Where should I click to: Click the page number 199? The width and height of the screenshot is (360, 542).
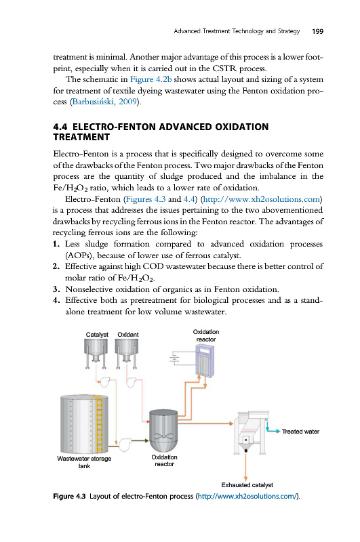(317, 31)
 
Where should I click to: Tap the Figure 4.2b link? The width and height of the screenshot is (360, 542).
(151, 79)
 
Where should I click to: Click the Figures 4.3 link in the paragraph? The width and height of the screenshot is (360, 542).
(146, 199)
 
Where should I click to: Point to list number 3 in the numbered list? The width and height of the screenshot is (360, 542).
(57, 289)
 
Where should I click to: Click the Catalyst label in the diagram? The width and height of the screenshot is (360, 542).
(97, 335)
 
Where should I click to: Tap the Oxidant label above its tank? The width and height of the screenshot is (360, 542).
(128, 335)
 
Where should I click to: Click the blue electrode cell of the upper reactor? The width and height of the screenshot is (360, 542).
(205, 360)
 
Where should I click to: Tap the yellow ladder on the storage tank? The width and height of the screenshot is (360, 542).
(99, 425)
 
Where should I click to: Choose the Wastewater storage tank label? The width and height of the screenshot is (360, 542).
(84, 462)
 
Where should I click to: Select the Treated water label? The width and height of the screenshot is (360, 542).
(300, 432)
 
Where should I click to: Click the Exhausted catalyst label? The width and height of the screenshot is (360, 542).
(247, 485)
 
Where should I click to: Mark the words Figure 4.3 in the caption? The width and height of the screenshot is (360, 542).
(69, 497)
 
